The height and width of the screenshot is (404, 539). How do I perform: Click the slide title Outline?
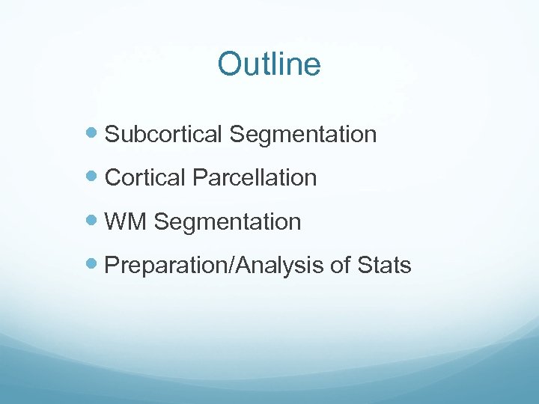tap(269, 64)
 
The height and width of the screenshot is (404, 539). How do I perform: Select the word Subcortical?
tap(164, 135)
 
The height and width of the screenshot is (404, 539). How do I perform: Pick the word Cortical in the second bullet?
tap(146, 178)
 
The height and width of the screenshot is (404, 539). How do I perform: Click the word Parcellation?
tap(255, 178)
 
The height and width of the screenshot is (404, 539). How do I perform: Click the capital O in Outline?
tap(229, 65)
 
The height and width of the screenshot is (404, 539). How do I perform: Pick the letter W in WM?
tap(117, 221)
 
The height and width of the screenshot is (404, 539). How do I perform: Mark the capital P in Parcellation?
tap(198, 178)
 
